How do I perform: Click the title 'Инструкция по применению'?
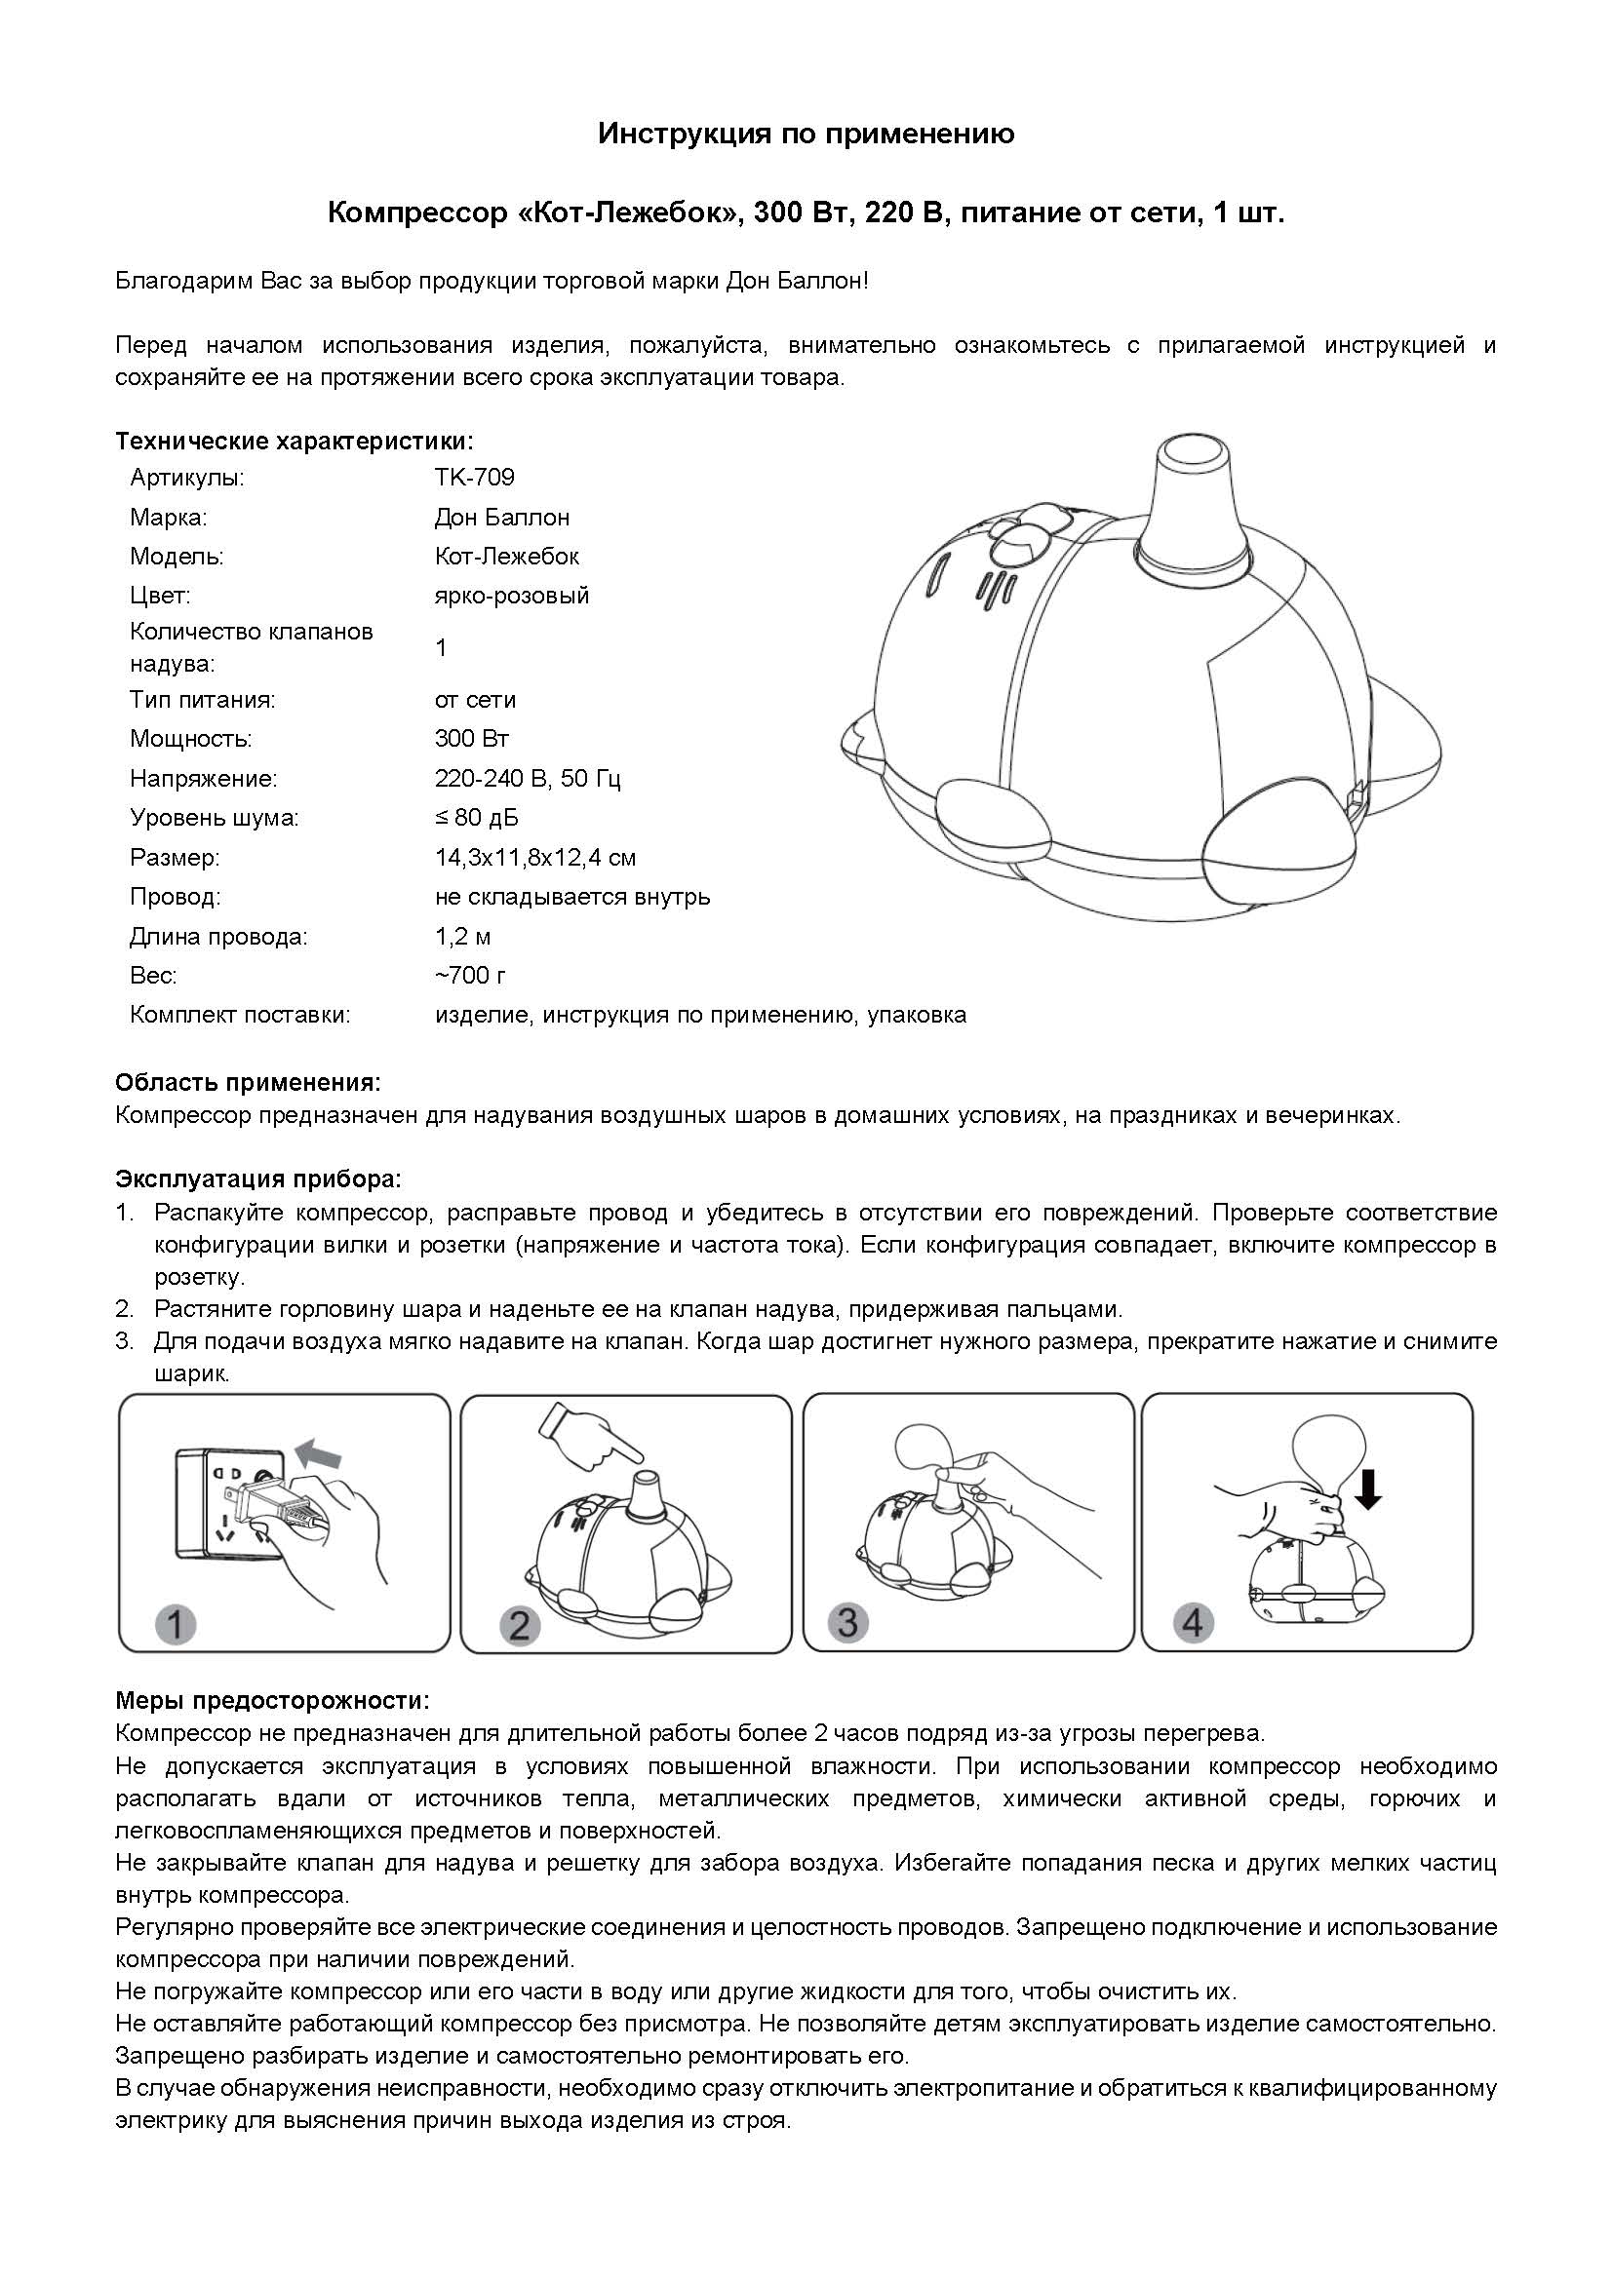tap(806, 135)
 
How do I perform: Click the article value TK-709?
tap(474, 478)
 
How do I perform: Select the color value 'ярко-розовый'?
tap(512, 596)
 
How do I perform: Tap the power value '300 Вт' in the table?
tap(471, 739)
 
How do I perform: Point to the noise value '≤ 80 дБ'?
tap(476, 818)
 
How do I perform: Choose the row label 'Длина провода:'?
tap(218, 937)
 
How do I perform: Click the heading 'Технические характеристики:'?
tap(294, 441)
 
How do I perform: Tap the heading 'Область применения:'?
tap(249, 1081)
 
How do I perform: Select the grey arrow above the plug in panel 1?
tap(320, 1454)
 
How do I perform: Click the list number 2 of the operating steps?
tap(124, 1309)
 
